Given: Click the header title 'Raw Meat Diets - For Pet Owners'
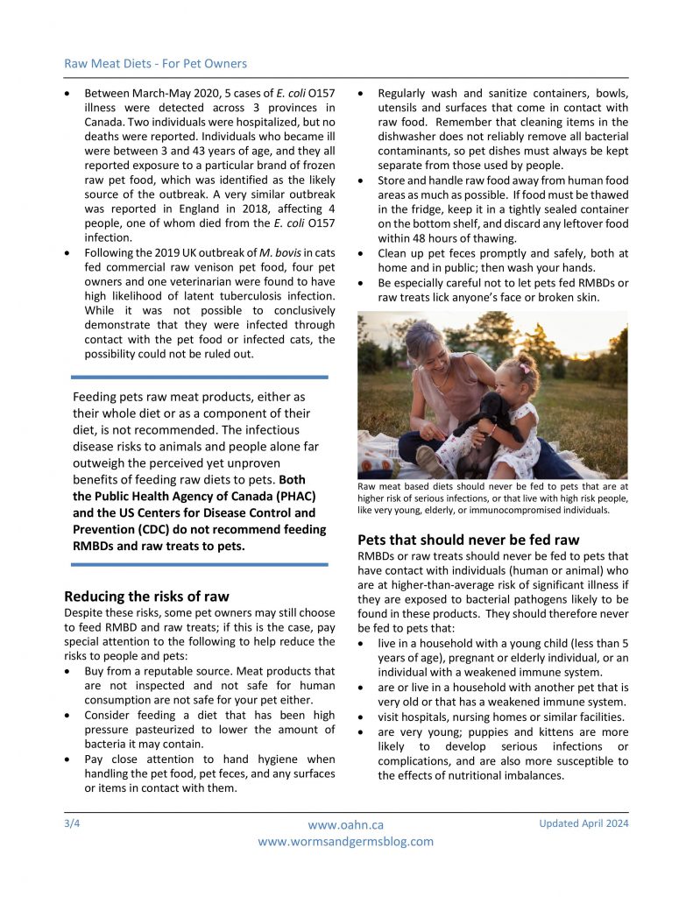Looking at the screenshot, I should tap(155, 63).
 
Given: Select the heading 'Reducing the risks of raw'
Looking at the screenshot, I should tap(146, 597).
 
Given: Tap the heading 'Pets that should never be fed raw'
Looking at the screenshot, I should tap(469, 540).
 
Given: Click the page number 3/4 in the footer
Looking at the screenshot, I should tap(73, 823).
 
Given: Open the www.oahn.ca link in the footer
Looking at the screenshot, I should tap(345, 825).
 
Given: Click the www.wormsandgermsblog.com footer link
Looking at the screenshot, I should tap(345, 842).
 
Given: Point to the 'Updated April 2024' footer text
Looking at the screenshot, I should tap(583, 823).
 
